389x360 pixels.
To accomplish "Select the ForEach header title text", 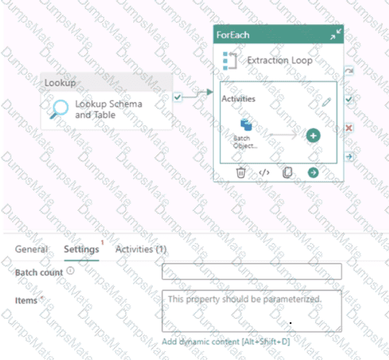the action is pos(233,35).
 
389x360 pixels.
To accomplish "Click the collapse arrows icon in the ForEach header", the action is pos(336,34).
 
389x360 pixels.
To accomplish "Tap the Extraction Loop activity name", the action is pos(280,61).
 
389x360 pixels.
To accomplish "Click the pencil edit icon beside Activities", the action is pos(326,102).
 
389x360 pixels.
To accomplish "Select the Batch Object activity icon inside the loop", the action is pos(246,124).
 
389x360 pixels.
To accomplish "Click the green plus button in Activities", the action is pos(313,136).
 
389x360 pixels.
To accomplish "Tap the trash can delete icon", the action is pos(241,173).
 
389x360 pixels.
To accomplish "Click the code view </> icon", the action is pos(264,172).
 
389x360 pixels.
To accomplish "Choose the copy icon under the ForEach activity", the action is pos(287,173).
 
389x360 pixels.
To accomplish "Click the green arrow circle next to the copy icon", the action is pos(313,173).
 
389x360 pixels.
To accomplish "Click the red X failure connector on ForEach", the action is pos(349,128).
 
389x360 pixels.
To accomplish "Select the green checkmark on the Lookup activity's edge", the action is pos(178,97).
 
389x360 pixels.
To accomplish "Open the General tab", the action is pos(31,249).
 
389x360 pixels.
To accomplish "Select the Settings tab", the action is pos(81,250).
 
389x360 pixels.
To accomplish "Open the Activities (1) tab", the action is pos(141,249).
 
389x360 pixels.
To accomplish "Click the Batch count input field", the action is pos(252,272).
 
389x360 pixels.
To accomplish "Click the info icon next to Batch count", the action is pos(71,271).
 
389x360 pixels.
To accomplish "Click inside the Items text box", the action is pos(252,311).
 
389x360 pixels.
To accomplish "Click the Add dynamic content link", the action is pos(225,342).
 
